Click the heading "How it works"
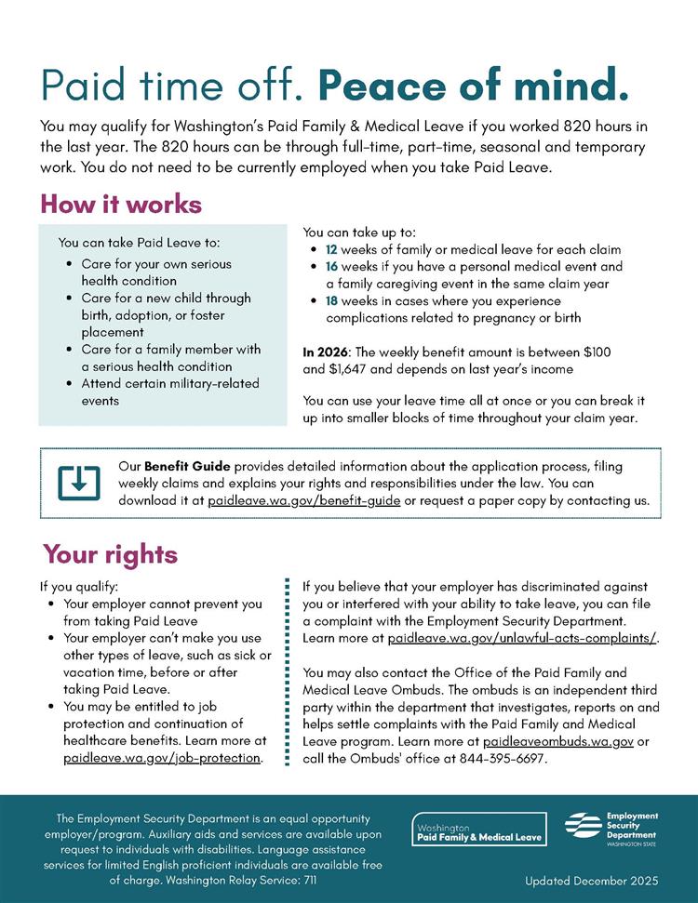(121, 204)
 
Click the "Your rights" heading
(110, 555)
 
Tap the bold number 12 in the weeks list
(331, 250)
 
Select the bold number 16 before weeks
(331, 267)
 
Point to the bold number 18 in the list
(331, 301)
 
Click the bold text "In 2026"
(326, 353)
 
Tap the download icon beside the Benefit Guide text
(79, 482)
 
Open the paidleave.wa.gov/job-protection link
(162, 758)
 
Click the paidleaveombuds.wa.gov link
(558, 741)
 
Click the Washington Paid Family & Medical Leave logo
(479, 828)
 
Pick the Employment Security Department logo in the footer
(611, 825)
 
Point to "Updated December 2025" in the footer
(592, 880)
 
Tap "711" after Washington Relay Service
(306, 878)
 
